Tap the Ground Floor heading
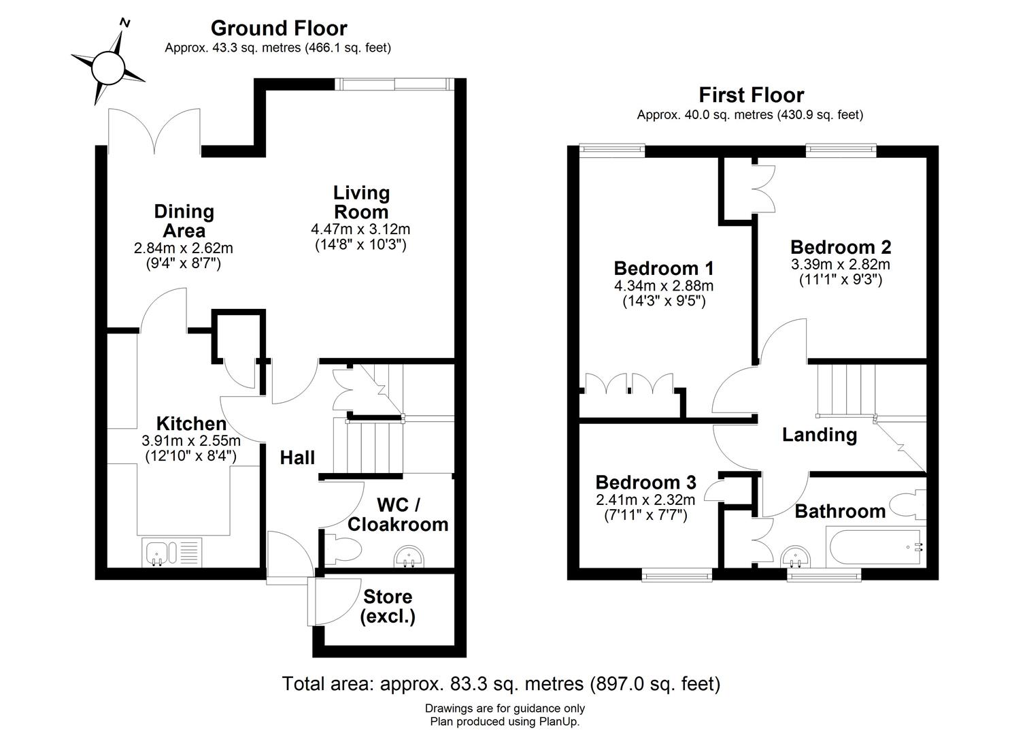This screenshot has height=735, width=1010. (x=279, y=29)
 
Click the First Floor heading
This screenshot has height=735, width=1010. (x=751, y=95)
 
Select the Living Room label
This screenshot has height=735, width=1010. (x=361, y=201)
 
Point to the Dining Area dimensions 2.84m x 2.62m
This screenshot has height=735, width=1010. (x=184, y=248)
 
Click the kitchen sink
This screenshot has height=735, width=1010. (x=173, y=552)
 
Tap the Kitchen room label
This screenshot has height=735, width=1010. (x=191, y=423)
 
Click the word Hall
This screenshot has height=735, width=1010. (x=297, y=458)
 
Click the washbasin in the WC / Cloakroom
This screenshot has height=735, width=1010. (x=410, y=557)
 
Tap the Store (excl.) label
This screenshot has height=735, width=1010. (x=388, y=606)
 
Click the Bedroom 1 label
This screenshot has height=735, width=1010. (x=663, y=267)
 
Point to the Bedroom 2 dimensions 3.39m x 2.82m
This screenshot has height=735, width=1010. (x=840, y=265)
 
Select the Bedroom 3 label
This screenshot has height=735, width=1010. (x=645, y=483)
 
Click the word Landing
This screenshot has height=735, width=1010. (x=819, y=434)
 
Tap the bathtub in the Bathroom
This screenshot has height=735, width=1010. (x=873, y=548)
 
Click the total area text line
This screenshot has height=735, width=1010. (x=501, y=683)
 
